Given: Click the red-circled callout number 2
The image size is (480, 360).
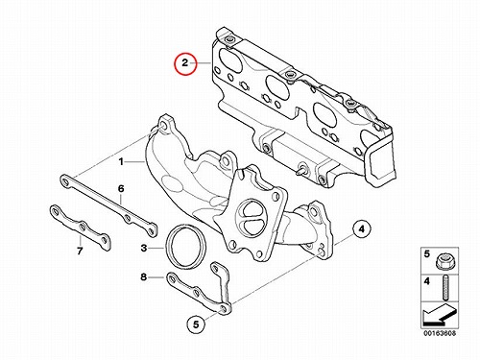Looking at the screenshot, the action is pos(185,63).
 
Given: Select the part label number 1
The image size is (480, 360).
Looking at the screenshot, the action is pos(121,162).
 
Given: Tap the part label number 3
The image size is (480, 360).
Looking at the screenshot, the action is pos(144,248).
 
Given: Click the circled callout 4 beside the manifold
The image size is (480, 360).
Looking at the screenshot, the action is pos(361,229).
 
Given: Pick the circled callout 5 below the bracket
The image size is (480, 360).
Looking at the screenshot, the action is pos(196,324).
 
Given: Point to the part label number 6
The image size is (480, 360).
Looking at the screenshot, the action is pos(121,189).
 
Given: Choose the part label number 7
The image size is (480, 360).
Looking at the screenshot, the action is pos(80,251).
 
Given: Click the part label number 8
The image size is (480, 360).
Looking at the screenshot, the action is pos(144,276).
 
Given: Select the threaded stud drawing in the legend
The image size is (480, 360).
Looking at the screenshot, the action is pos(444,288).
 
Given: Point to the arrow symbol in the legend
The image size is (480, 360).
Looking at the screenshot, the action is pos(439,315).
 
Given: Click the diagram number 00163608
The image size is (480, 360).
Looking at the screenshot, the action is pos(440,333).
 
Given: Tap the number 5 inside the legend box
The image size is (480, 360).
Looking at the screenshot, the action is pos(427,254).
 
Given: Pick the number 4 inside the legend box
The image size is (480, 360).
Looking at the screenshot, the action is pos(427,281).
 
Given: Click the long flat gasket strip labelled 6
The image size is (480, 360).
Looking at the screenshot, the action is pos(108,204).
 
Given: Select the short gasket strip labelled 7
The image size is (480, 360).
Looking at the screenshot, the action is pos(80,227).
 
